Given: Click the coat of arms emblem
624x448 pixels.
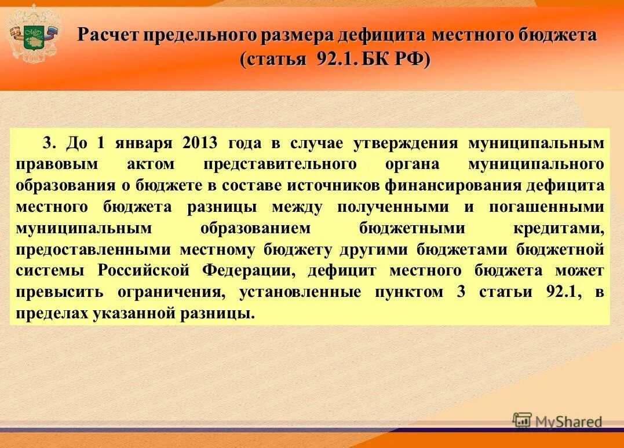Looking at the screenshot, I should [x=32, y=32].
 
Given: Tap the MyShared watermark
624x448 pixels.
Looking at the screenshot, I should [x=557, y=421].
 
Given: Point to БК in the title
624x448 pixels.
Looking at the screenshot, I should [x=378, y=60].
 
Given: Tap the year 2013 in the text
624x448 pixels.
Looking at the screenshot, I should [x=199, y=143].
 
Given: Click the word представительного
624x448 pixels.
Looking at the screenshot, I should [x=279, y=164].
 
